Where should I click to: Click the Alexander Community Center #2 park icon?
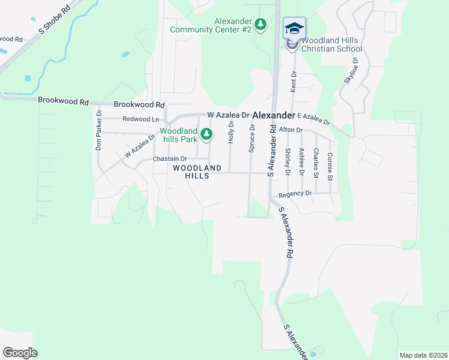click(260, 25)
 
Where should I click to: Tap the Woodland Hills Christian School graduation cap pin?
click(294, 29)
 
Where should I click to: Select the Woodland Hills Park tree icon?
click(206, 133)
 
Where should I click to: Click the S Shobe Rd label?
click(53, 22)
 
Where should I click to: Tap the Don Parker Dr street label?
click(99, 130)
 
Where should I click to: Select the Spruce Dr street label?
click(252, 139)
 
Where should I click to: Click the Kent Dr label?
click(294, 82)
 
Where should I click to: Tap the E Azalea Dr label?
click(313, 118)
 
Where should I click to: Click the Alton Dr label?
click(291, 130)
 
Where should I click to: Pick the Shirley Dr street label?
click(288, 162)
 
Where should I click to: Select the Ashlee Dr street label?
click(301, 162)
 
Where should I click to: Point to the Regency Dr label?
click(295, 194)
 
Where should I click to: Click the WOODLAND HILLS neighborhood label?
click(197, 172)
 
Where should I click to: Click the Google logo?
click(20, 353)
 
